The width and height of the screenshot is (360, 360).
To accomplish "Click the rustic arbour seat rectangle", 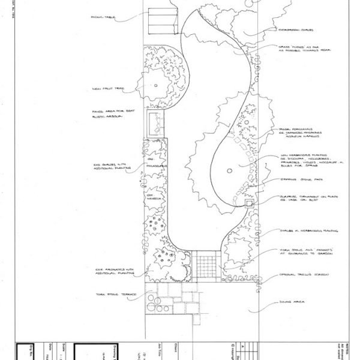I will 157,124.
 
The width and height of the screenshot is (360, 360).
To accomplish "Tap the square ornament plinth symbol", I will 250,205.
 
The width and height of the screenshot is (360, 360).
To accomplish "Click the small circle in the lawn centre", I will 229,172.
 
